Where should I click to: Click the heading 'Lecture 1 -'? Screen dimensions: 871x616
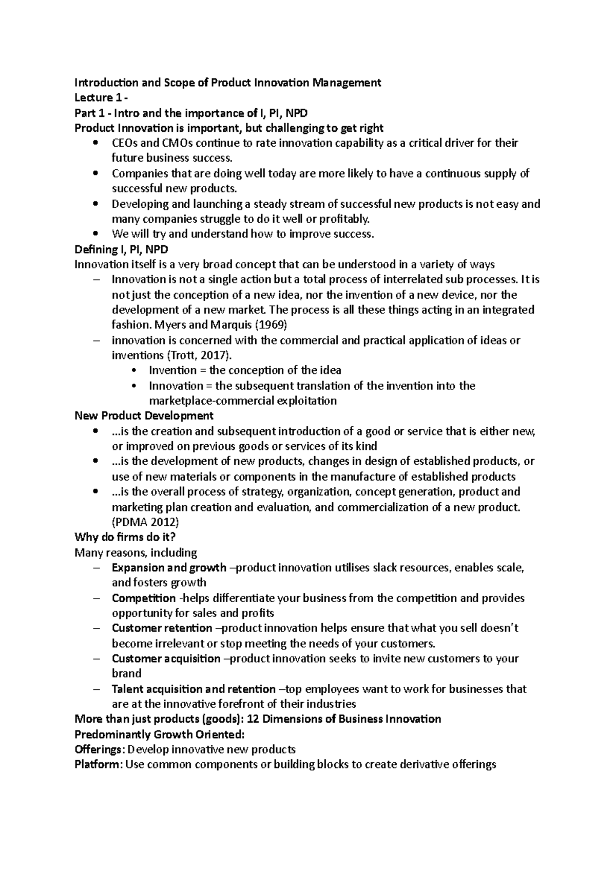(x=100, y=97)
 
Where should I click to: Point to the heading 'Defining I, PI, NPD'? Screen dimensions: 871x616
(x=121, y=249)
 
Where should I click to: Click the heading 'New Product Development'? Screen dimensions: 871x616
(x=144, y=415)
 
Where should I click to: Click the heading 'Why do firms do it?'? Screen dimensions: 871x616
(x=125, y=537)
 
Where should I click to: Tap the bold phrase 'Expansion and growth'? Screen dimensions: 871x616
(x=169, y=567)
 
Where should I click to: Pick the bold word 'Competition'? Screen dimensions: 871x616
(x=144, y=598)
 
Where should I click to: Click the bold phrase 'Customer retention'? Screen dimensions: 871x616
(x=162, y=628)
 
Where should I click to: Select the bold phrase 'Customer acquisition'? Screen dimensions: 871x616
(x=166, y=659)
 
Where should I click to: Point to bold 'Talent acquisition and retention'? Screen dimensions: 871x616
(x=194, y=689)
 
